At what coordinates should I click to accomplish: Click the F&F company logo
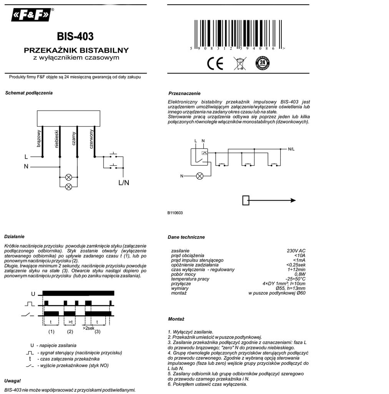pos(32,15)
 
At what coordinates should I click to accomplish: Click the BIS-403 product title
pos(75,37)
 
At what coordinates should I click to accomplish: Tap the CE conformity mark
pos(215,63)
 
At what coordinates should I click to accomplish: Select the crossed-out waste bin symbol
pos(239,63)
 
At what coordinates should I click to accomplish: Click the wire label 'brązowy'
pos(38,139)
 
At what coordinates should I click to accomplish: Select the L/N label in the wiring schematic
pos(124,183)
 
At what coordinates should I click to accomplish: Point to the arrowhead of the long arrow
pos(293,200)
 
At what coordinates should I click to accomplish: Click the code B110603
pos(175,213)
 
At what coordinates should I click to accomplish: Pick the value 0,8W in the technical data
pos(300,274)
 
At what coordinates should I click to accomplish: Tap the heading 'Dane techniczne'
pos(186,237)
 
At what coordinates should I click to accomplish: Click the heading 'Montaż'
pos(176,319)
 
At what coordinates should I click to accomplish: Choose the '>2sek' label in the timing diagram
pos(88,328)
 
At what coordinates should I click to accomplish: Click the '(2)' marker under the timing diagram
pos(70,332)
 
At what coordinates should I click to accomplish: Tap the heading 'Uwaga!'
pos(13,381)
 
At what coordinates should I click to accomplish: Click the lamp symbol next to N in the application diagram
pos(200,176)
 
